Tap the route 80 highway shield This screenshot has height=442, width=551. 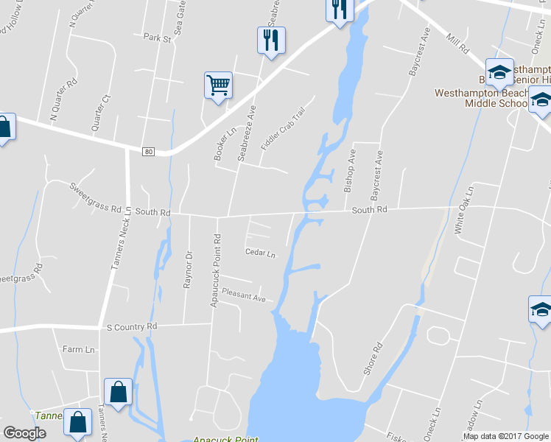pyautogui.click(x=149, y=152)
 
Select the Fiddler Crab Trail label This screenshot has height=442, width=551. pyautogui.click(x=283, y=129)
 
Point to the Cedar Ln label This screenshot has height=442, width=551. pyautogui.click(x=260, y=254)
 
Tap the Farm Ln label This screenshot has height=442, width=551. pyautogui.click(x=79, y=349)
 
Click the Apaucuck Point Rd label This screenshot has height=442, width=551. pyautogui.click(x=216, y=270)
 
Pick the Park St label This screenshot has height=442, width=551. pyautogui.click(x=157, y=38)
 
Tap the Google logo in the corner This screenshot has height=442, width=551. pyautogui.click(x=24, y=433)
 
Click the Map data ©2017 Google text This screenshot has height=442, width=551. pyautogui.click(x=505, y=436)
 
